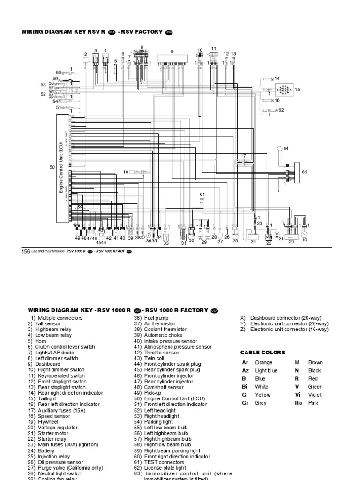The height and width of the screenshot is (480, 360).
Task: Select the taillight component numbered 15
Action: pyautogui.click(x=284, y=89)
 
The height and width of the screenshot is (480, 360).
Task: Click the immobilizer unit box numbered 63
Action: pyautogui.click(x=294, y=173)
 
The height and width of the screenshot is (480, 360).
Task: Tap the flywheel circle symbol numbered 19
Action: pyautogui.click(x=304, y=232)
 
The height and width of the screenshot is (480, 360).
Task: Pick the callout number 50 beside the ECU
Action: pyautogui.click(x=52, y=167)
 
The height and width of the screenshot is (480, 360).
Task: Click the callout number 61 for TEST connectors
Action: pyautogui.click(x=202, y=194)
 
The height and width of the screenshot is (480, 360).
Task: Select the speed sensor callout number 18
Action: pyautogui.click(x=126, y=172)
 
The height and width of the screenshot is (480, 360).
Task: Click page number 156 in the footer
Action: pyautogui.click(x=26, y=252)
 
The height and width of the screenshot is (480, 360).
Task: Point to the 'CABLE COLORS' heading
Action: pyautogui.click(x=262, y=352)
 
